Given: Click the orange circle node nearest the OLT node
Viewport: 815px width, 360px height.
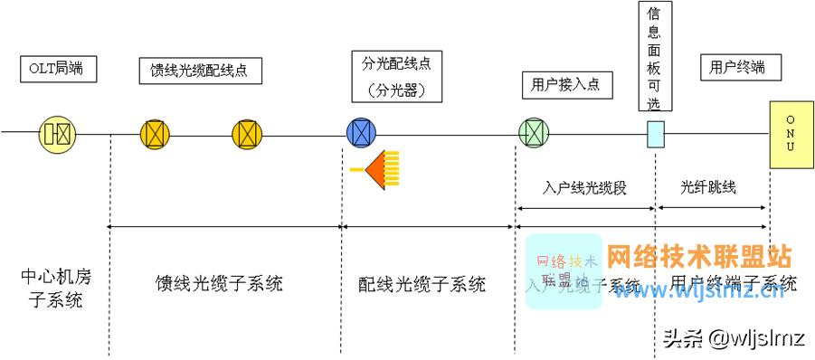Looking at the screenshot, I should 155,134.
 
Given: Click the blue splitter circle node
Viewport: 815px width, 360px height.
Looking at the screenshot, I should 362,134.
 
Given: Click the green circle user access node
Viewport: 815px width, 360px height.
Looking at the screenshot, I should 534,134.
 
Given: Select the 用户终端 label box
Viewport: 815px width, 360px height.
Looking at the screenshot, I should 738,68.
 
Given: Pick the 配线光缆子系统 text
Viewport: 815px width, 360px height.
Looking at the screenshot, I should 422,284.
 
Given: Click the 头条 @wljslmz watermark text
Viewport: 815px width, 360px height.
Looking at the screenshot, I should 734,338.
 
